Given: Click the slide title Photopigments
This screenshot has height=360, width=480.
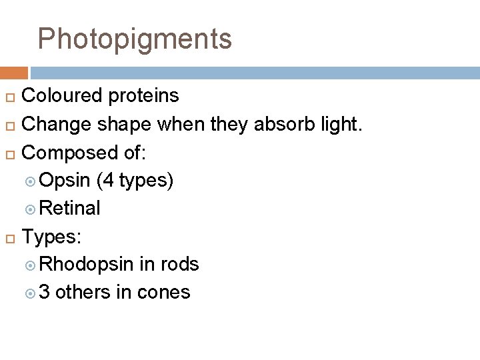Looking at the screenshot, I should click(x=135, y=39).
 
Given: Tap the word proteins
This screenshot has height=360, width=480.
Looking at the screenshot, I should click(x=145, y=96).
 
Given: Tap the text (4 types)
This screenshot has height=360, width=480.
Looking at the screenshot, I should click(x=135, y=181).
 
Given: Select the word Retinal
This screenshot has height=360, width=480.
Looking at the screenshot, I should click(x=70, y=209).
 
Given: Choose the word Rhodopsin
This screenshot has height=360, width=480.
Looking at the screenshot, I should click(x=87, y=265).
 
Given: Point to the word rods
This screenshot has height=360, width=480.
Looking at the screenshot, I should click(x=179, y=265).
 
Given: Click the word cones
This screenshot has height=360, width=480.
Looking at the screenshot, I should click(x=163, y=293).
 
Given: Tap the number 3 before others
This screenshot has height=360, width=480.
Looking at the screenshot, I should click(x=45, y=293).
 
